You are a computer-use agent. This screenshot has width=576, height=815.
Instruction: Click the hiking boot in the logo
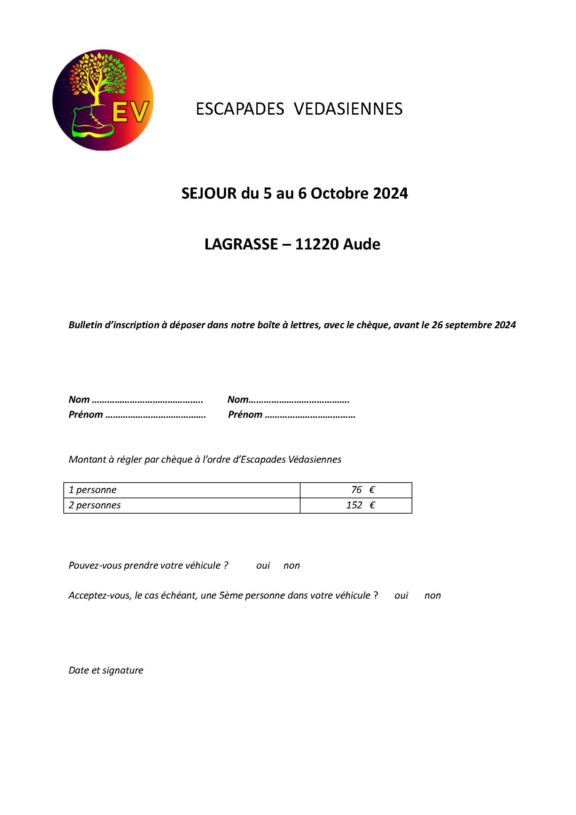(x=92, y=123)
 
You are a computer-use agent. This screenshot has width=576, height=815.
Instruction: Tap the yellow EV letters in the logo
(x=130, y=112)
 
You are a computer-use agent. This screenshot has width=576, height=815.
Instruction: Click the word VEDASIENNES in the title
(x=348, y=109)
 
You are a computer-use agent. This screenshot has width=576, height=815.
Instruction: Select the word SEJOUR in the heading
(x=209, y=193)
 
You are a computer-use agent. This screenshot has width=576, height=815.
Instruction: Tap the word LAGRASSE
(x=241, y=244)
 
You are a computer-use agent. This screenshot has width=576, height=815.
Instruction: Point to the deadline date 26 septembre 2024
(x=474, y=325)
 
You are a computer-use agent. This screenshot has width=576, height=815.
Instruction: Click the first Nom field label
(x=79, y=400)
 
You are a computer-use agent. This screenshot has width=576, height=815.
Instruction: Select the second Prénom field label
(x=245, y=415)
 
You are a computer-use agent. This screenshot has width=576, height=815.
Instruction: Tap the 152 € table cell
(x=360, y=505)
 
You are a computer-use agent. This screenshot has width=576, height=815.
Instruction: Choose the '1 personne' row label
(x=93, y=490)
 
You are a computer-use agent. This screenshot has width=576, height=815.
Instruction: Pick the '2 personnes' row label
(x=95, y=505)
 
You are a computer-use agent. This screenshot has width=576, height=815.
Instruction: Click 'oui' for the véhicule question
(x=263, y=566)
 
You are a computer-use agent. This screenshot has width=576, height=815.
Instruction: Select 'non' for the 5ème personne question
(x=433, y=595)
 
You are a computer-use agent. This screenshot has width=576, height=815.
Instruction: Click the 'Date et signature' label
(x=106, y=670)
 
